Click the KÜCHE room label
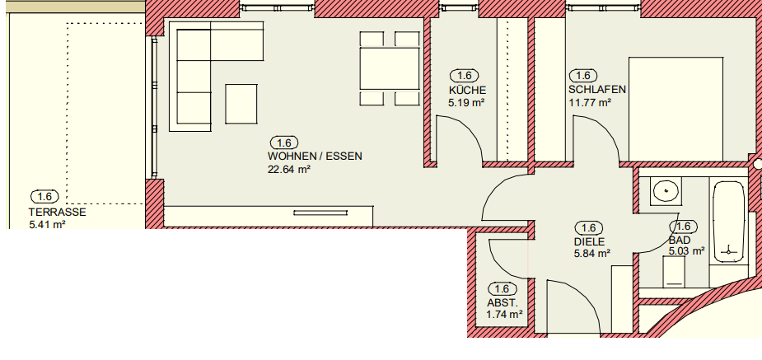click(467, 90)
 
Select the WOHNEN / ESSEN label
click(315, 156)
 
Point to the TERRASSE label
click(57, 211)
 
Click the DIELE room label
click(589, 241)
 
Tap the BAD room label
click(680, 240)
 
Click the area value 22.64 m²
click(288, 170)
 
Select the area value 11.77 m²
click(590, 103)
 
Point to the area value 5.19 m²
click(467, 103)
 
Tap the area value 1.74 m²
click(505, 315)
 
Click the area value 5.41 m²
click(47, 224)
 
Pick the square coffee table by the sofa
click(241, 105)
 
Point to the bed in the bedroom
click(676, 107)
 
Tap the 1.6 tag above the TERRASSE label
click(44, 196)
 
